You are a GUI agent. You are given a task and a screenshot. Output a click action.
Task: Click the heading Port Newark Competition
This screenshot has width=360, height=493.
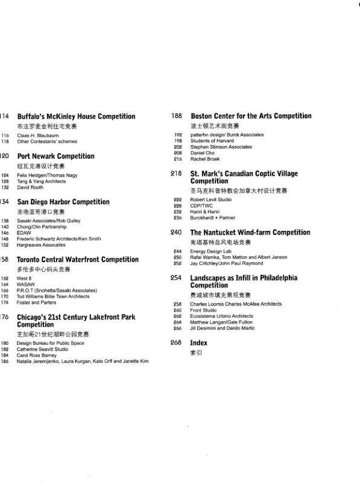pos(55,156)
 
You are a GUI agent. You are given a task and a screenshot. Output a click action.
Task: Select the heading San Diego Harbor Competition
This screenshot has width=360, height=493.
pos(63,202)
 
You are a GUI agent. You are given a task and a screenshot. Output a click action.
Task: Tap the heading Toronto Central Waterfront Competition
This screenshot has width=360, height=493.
pos(77,260)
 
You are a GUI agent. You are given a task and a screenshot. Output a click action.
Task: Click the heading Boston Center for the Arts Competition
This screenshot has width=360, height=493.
pos(251,116)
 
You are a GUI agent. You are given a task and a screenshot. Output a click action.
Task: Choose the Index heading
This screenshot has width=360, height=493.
pos(198,342)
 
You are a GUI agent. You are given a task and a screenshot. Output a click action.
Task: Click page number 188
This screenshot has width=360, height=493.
pos(177,116)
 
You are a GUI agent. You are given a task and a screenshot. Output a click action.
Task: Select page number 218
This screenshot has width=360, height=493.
pos(177,174)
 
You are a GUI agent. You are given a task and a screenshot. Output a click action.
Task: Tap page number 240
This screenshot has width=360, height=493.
pos(177,232)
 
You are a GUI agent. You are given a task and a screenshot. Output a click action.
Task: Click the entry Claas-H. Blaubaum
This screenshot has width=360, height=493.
pos(37,136)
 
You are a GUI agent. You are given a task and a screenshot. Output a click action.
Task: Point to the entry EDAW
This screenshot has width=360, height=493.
pos(24,233)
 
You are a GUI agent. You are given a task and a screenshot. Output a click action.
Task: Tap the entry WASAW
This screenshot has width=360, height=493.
pos(26,284)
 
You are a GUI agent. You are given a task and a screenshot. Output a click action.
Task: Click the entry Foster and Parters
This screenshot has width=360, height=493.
pos(36,302)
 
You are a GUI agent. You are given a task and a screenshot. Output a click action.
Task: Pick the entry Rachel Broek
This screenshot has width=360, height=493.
pos(205,159)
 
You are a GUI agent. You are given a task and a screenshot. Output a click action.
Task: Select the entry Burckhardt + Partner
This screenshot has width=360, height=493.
pos(213,218)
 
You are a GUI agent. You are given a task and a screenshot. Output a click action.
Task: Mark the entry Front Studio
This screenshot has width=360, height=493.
pos(203,310)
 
